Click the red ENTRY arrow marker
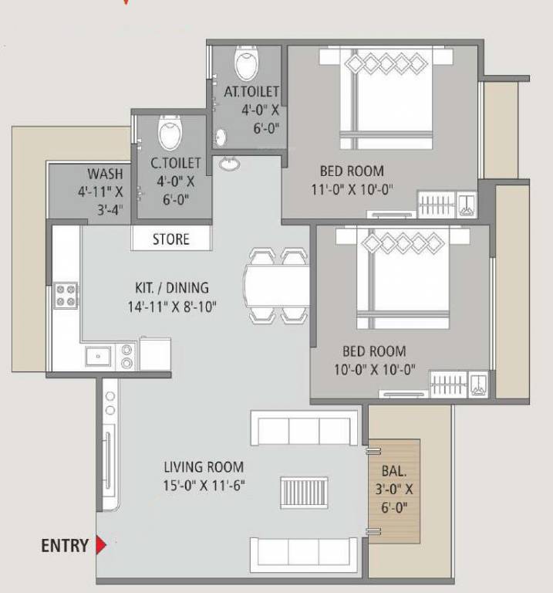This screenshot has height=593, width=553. pos(100,546)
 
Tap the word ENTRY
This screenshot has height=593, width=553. pos(65,546)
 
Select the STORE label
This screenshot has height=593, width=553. pos(170,239)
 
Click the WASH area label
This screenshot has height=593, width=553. pos(104,174)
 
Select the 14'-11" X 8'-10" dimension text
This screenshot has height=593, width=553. pos(172,307)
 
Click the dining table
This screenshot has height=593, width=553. pos(276,285)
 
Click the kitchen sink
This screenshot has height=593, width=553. pos(99,356)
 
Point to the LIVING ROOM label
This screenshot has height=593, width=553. pos(204,466)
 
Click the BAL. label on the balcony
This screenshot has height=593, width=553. pos(393,470)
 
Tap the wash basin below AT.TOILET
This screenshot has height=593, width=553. pos(229,163)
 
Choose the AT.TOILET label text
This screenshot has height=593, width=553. pos(251,92)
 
